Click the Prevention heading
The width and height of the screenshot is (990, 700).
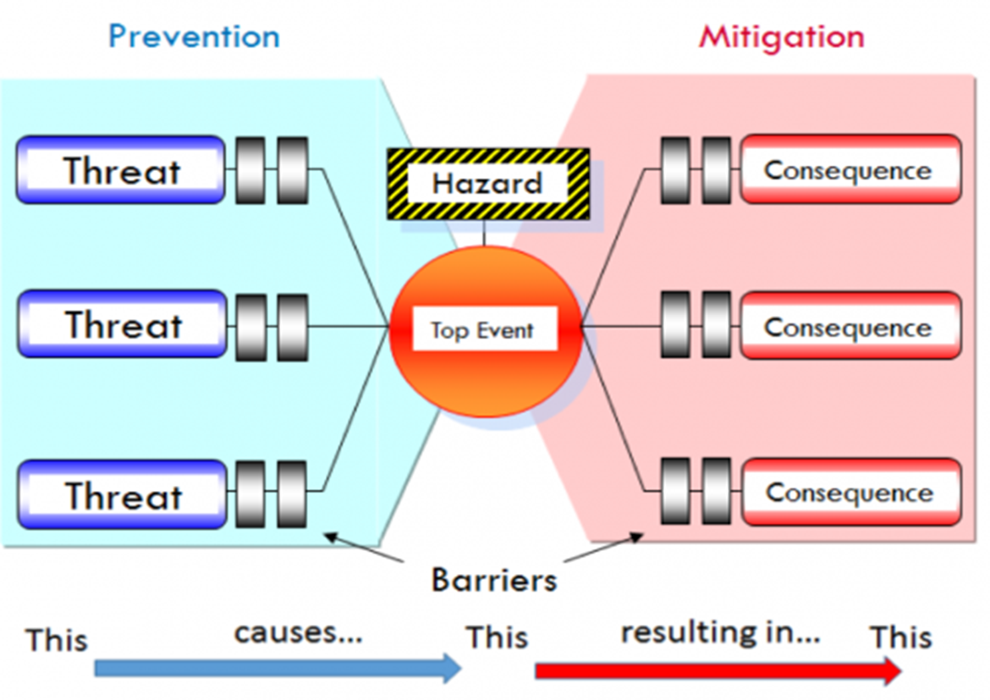(194, 36)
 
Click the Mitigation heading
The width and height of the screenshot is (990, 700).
(781, 36)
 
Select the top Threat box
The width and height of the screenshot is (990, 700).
(121, 170)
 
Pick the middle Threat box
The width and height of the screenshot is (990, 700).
(122, 324)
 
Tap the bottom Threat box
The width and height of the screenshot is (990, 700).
(122, 494)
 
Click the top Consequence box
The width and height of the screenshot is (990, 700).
(850, 169)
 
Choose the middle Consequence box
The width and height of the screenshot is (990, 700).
(850, 327)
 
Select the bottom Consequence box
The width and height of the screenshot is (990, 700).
(850, 492)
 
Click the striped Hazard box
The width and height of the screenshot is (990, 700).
(488, 184)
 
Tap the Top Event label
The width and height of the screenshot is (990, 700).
(483, 329)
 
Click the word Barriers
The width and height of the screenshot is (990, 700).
(494, 580)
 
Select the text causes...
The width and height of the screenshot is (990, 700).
(298, 632)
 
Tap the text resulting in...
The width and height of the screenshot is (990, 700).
(720, 632)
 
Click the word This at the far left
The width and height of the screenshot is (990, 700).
(57, 639)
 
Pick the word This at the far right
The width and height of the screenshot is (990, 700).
(902, 637)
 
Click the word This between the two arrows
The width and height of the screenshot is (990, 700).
(498, 637)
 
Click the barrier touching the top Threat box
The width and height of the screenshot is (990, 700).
(250, 170)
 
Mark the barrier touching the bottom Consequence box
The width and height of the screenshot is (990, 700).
(717, 492)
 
